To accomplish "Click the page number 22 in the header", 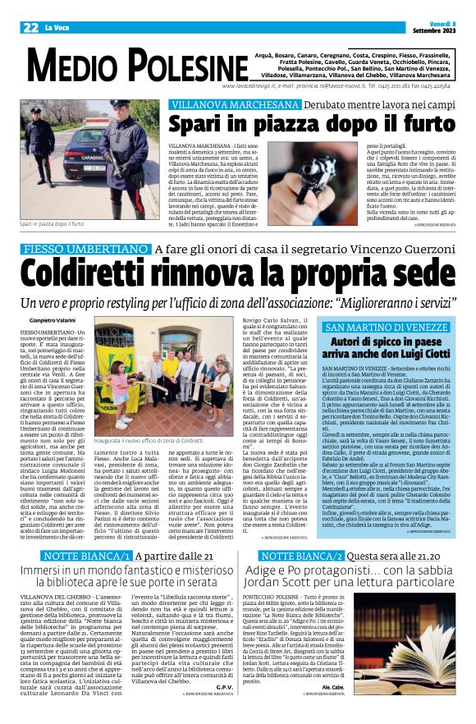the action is (x=30, y=27).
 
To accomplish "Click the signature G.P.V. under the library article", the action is (x=224, y=685).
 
